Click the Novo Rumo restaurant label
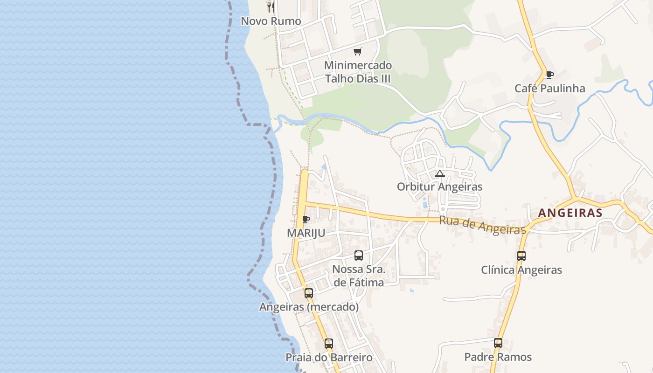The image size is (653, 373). pyautogui.click(x=271, y=21)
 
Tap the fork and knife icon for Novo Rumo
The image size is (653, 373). pyautogui.click(x=271, y=7)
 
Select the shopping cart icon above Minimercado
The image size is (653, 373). pyautogui.click(x=358, y=51)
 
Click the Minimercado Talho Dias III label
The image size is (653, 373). pyautogui.click(x=358, y=72)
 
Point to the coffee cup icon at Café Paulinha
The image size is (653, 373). pyautogui.click(x=549, y=75)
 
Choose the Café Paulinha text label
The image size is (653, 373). pyautogui.click(x=549, y=88)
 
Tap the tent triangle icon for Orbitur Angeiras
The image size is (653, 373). pyautogui.click(x=439, y=173)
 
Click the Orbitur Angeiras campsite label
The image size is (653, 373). pyautogui.click(x=439, y=186)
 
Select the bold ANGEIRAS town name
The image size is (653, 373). pyautogui.click(x=570, y=213)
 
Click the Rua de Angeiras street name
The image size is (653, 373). pyautogui.click(x=483, y=226)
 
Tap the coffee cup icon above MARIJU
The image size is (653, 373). pyautogui.click(x=306, y=219)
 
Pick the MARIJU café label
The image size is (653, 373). pyautogui.click(x=306, y=233)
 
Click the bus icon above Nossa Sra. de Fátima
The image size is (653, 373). pyautogui.click(x=358, y=256)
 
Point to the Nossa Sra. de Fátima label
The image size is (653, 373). pyautogui.click(x=359, y=276)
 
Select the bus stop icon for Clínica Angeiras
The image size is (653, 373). pyautogui.click(x=521, y=256)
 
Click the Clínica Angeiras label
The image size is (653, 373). pyautogui.click(x=521, y=269)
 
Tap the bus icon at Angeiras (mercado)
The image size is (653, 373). pyautogui.click(x=309, y=293)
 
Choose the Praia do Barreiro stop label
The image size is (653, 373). pyautogui.click(x=329, y=357)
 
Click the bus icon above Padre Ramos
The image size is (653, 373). pyautogui.click(x=498, y=343)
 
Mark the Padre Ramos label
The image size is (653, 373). pyautogui.click(x=498, y=357)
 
